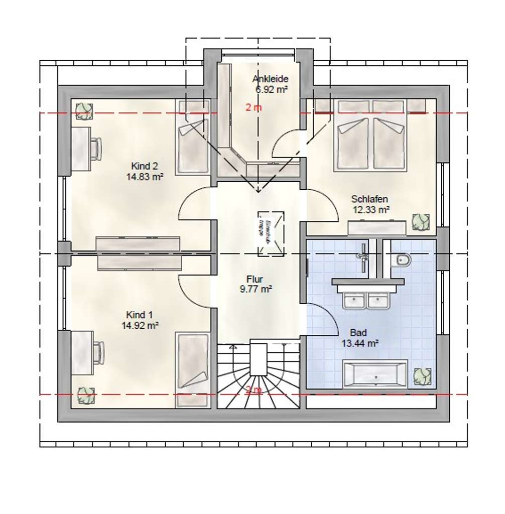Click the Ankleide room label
click(270, 79)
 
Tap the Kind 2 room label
click(145, 166)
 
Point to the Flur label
click(255, 279)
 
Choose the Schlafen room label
click(370, 199)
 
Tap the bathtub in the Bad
click(374, 373)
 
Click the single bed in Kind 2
click(193, 137)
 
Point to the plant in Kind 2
click(84, 111)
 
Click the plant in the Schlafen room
click(420, 222)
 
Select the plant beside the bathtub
click(422, 376)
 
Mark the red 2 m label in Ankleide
click(254, 107)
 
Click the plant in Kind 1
click(85, 396)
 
